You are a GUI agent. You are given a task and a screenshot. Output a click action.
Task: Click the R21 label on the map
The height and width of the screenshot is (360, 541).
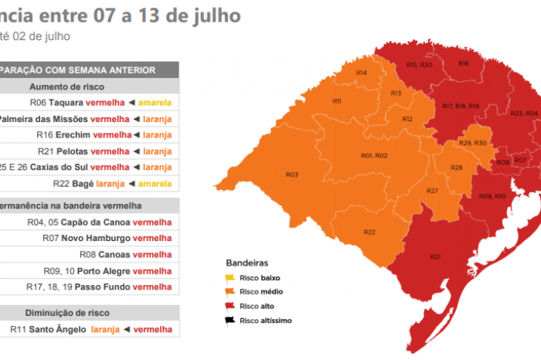[x=435, y=256]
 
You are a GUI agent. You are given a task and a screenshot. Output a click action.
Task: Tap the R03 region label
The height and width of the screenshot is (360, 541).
[x=292, y=175]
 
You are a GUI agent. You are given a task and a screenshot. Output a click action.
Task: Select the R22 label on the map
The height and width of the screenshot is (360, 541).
[x=369, y=232]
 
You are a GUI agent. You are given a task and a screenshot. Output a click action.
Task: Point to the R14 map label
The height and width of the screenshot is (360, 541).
[x=362, y=72]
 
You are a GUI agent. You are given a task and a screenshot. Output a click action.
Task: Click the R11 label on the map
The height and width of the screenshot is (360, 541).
[x=337, y=101]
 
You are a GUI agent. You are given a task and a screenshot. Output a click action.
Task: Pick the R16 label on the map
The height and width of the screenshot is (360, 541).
[x=464, y=63]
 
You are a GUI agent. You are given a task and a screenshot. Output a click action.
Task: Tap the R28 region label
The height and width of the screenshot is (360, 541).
[x=457, y=168]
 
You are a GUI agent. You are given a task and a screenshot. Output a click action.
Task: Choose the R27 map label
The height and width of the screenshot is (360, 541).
[x=433, y=191]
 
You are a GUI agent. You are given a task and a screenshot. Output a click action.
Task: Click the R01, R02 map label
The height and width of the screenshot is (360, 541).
[x=374, y=156]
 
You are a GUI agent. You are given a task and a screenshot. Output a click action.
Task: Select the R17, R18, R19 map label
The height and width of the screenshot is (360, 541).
[x=461, y=106]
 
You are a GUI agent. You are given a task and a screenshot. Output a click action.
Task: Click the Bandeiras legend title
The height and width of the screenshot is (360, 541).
[x=247, y=263]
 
